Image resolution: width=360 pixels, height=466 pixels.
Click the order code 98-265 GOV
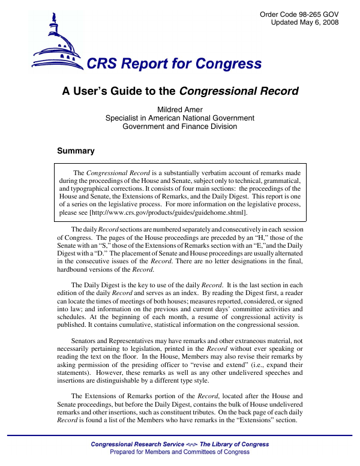[299, 14]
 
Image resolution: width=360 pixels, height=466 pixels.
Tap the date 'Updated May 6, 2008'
[305, 23]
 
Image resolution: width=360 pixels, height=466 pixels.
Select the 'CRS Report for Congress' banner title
[174, 64]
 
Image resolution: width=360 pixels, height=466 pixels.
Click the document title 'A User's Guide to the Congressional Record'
[181, 92]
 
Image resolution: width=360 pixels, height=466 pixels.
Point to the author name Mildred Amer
[180, 110]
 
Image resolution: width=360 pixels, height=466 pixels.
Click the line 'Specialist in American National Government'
[180, 118]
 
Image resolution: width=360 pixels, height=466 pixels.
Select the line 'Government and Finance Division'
[180, 127]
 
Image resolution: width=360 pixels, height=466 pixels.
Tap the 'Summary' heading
[76, 151]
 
